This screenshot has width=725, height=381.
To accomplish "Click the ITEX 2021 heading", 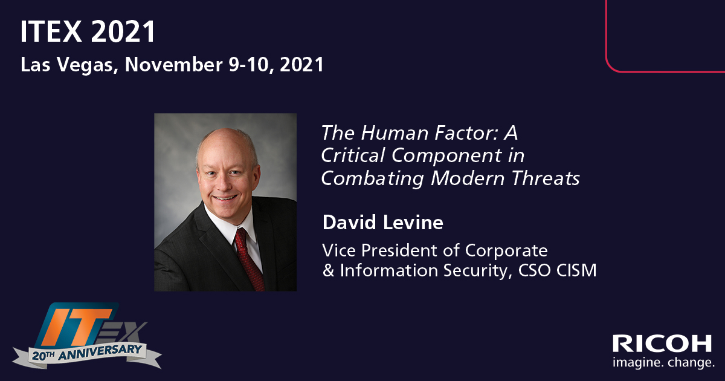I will point(88,32).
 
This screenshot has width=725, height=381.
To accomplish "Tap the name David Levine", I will point(383,223).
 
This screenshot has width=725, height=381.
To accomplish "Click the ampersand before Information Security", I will point(328,270).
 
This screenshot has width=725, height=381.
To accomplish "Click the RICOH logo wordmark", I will point(662,344).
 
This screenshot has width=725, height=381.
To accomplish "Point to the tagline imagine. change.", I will point(663,363).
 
